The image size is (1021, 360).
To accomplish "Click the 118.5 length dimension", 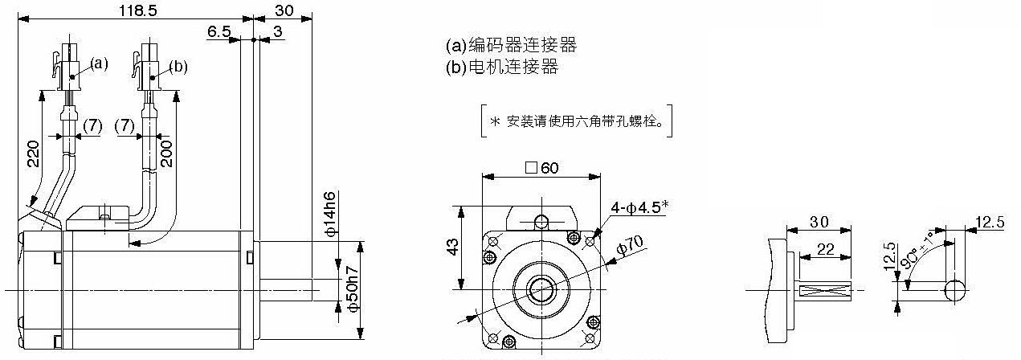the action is click(137, 10).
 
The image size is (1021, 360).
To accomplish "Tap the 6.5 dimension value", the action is click(219, 31).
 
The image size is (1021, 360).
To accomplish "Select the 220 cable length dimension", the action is click(33, 153).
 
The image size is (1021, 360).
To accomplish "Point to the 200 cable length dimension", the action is click(166, 153).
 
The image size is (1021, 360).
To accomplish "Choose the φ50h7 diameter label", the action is click(353, 289).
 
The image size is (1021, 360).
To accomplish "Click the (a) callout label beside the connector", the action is click(99, 63).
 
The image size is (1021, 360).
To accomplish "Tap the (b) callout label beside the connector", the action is click(178, 67).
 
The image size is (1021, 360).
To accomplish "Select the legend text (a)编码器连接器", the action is click(511, 45).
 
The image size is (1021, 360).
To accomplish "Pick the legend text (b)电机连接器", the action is click(502, 67).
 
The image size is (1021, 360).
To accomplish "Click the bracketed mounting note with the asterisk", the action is click(577, 121).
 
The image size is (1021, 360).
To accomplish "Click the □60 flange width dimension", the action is click(542, 168).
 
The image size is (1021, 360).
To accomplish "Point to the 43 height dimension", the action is click(454, 247).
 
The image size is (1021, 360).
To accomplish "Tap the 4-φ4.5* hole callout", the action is click(639, 208).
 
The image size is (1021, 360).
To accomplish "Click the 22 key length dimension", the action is click(826, 249).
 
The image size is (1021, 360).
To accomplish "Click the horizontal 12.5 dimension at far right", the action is click(990, 222).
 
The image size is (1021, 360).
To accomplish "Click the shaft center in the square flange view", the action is click(541, 289).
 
